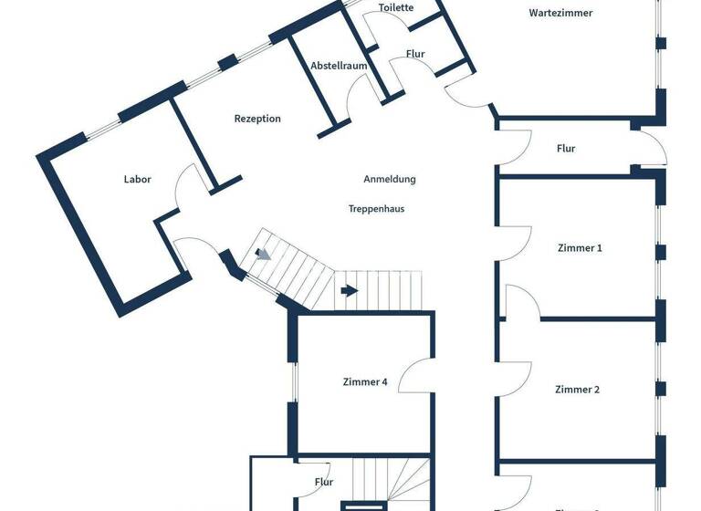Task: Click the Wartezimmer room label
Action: click(560, 13)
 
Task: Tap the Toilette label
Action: click(396, 7)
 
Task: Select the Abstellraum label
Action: click(339, 66)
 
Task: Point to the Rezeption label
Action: click(257, 119)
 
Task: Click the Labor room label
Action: click(137, 179)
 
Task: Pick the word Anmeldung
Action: click(389, 179)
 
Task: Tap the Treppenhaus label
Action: click(376, 208)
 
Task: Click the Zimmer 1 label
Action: click(580, 247)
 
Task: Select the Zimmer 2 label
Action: click(577, 390)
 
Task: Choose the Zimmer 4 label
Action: click(365, 382)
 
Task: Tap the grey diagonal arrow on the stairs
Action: click(263, 254)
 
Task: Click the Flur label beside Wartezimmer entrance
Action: click(415, 54)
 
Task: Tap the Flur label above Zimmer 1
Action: click(566, 149)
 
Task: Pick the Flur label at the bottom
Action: click(324, 482)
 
